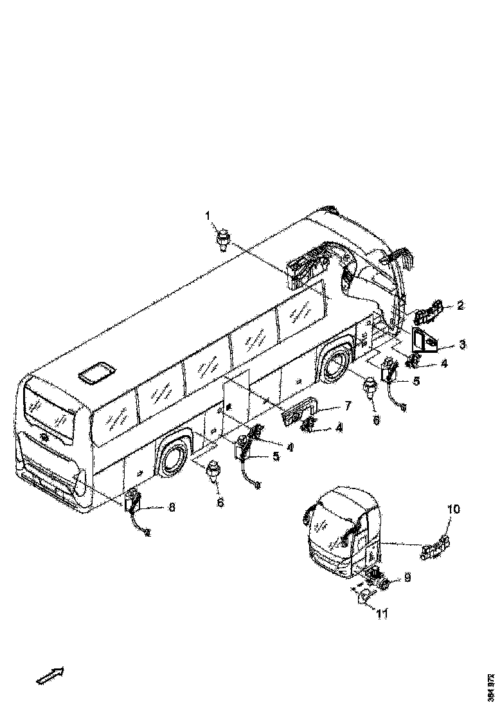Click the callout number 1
tap(208, 215)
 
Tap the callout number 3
tap(462, 345)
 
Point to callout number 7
tap(348, 406)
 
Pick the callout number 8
tap(172, 507)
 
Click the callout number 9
tap(407, 578)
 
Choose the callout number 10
tap(453, 510)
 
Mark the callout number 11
tap(382, 614)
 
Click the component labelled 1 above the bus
tap(223, 241)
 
